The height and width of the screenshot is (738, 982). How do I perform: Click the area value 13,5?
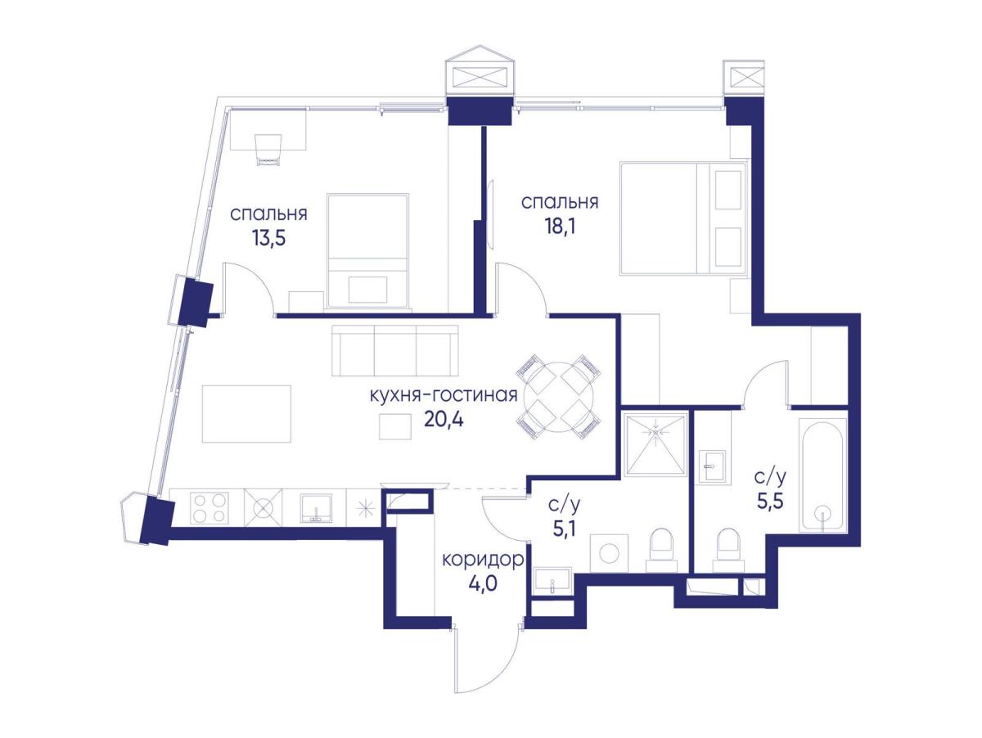(x=268, y=239)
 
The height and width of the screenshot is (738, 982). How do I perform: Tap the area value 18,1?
(x=559, y=227)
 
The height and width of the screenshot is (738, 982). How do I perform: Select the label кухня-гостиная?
(x=444, y=395)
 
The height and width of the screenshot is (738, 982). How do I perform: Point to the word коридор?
(x=483, y=560)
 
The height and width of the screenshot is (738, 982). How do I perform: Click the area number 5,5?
(x=770, y=502)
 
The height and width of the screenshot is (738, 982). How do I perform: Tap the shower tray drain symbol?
(x=655, y=433)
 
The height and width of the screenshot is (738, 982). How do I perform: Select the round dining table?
(x=559, y=396)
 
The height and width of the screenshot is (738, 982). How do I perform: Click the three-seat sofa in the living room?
(x=395, y=350)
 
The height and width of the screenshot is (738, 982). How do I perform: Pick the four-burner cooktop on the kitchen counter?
(x=209, y=508)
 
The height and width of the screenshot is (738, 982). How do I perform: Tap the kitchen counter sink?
(x=317, y=508)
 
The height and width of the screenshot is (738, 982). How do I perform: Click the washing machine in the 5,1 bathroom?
(x=609, y=553)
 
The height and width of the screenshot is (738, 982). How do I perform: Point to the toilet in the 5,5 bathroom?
(x=727, y=551)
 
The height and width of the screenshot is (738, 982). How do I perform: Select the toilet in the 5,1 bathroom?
(x=660, y=551)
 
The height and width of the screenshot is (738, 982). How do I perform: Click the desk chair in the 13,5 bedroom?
(x=268, y=150)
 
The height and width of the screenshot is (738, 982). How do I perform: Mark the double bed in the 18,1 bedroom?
(x=683, y=218)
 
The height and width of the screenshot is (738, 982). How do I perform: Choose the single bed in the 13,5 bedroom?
(x=367, y=250)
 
